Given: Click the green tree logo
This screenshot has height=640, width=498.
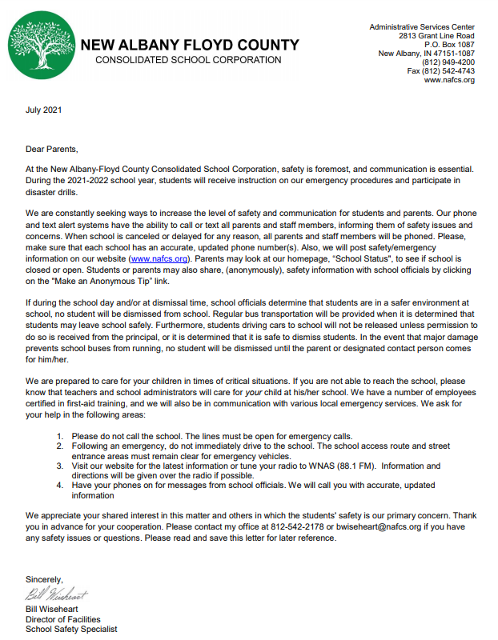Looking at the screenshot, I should coord(42,44).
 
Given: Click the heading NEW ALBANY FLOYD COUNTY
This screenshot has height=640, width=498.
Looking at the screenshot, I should coord(190,45).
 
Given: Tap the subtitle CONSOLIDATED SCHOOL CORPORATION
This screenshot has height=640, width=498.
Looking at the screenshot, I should coord(188,60).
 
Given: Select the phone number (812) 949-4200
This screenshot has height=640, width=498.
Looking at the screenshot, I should coord(448,62).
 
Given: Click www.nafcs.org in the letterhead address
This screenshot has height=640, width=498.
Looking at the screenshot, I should coord(449,80).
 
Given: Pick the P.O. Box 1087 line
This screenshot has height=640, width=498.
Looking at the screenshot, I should coord(448,45).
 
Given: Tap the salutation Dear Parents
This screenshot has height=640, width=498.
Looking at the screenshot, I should coord(53,150).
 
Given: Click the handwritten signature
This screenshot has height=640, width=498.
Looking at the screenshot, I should coord(57,595).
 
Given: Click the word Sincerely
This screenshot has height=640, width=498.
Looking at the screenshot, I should coord(44,579).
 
